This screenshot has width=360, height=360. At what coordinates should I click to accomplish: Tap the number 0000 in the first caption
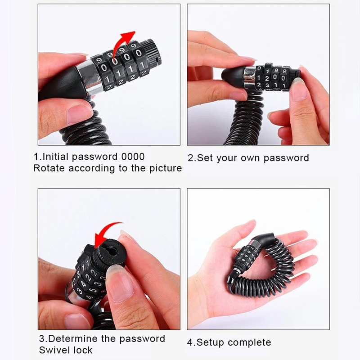coord(133,157)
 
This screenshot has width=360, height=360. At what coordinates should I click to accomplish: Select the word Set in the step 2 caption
coord(206,158)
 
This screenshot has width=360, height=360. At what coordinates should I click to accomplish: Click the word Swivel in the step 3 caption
coord(54,350)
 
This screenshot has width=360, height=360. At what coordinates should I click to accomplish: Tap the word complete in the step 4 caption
coord(250,343)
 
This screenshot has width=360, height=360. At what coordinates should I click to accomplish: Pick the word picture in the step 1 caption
coord(166,168)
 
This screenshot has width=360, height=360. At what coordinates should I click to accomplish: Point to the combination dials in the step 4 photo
coord(246,256)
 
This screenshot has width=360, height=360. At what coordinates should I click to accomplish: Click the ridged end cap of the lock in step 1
coord(152,52)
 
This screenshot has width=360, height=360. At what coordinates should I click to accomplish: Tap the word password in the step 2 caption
coord(286,158)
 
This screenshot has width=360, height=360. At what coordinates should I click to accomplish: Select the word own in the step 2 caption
coord(250,158)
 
